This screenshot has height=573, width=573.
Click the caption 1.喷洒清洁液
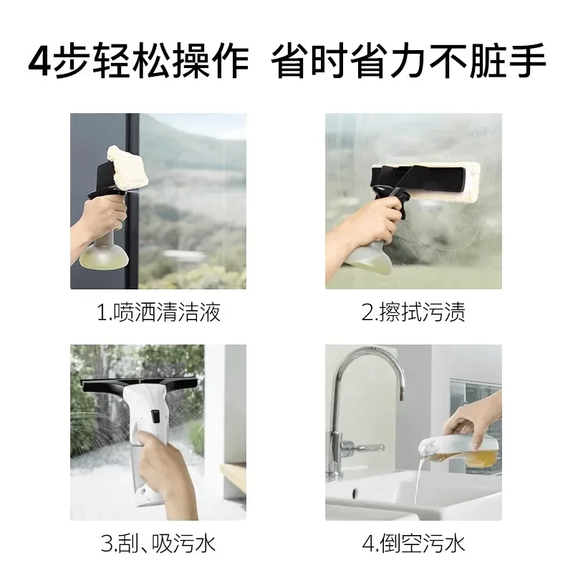click(x=158, y=312)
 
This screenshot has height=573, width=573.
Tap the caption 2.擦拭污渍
click(x=413, y=312)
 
